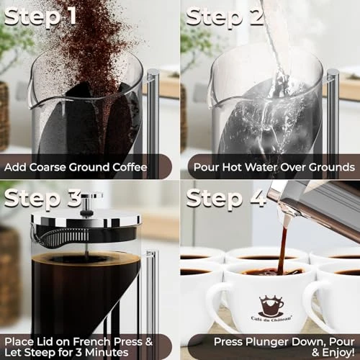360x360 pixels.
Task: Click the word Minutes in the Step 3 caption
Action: (118, 351)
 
